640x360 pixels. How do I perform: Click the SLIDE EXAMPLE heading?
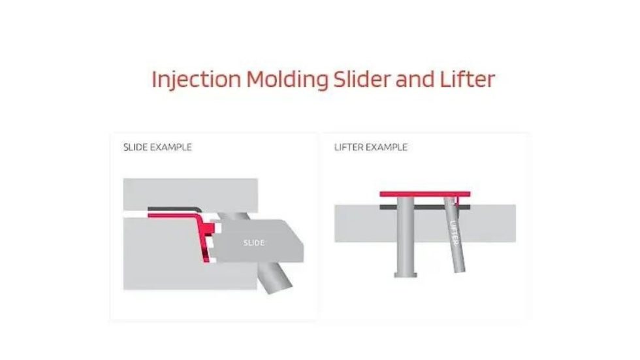click(157, 148)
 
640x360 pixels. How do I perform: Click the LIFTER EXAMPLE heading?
click(370, 148)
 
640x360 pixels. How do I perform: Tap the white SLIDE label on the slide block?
click(253, 243)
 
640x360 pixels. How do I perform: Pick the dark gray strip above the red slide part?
click(170, 209)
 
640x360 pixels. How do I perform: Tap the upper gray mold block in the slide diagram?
click(189, 193)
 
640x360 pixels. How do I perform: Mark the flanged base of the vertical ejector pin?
click(406, 274)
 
